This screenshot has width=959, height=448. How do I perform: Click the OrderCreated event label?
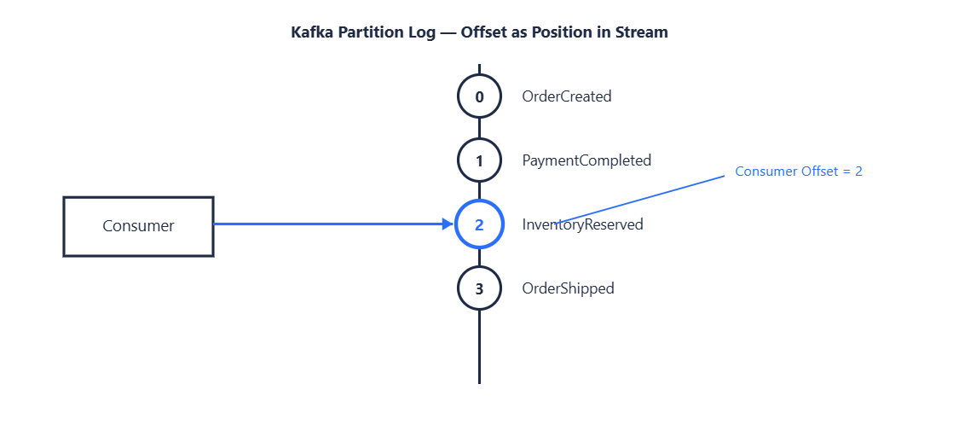[x=567, y=96]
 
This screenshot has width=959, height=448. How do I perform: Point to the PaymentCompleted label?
[x=586, y=160]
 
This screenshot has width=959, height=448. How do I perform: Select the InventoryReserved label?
[x=583, y=224]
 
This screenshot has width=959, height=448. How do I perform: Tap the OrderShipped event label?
[x=569, y=288]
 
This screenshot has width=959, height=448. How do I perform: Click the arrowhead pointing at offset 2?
[x=448, y=224]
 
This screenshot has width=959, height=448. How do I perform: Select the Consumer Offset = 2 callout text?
[x=799, y=172]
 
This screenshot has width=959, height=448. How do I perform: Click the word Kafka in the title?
[x=309, y=32]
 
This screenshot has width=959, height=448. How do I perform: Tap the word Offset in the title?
[x=481, y=32]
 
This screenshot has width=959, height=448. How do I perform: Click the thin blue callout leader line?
[x=641, y=199]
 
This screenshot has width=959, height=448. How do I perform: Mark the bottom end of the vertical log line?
[x=479, y=384]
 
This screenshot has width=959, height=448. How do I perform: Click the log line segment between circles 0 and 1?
[x=479, y=129]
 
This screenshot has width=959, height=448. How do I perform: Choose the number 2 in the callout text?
[x=859, y=172]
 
